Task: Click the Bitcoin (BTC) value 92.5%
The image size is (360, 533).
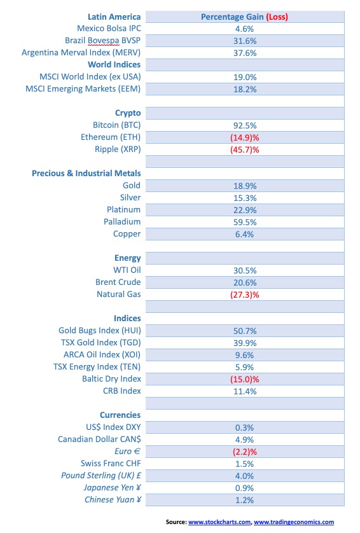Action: pyautogui.click(x=245, y=125)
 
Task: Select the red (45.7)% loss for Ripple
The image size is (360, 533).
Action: pyautogui.click(x=245, y=149)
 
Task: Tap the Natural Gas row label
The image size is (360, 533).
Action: pyautogui.click(x=119, y=294)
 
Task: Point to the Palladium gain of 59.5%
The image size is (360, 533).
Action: pyautogui.click(x=245, y=222)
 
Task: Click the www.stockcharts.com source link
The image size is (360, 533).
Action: pyautogui.click(x=219, y=522)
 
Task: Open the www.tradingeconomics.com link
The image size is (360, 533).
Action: pyautogui.click(x=294, y=522)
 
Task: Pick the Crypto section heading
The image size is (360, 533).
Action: pyautogui.click(x=128, y=113)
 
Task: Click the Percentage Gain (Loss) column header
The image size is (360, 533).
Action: pyautogui.click(x=244, y=17)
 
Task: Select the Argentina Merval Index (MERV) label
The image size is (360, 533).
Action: pyautogui.click(x=81, y=53)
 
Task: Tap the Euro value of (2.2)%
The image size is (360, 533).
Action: pyautogui.click(x=245, y=452)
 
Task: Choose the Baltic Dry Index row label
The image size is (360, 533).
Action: pyautogui.click(x=111, y=378)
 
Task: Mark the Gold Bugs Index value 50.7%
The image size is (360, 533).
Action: pyautogui.click(x=245, y=331)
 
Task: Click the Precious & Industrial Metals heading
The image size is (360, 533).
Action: pyautogui.click(x=87, y=173)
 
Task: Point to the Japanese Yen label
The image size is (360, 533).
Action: pyautogui.click(x=112, y=487)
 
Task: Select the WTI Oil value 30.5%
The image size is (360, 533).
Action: pyautogui.click(x=245, y=270)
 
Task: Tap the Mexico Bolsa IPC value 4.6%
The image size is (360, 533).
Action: pyautogui.click(x=245, y=29)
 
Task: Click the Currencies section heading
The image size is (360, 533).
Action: pyautogui.click(x=120, y=415)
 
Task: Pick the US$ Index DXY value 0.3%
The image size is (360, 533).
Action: pyautogui.click(x=245, y=427)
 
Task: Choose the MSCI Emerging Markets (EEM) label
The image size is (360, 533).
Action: pyautogui.click(x=83, y=88)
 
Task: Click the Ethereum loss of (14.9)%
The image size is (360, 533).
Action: pyautogui.click(x=245, y=137)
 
